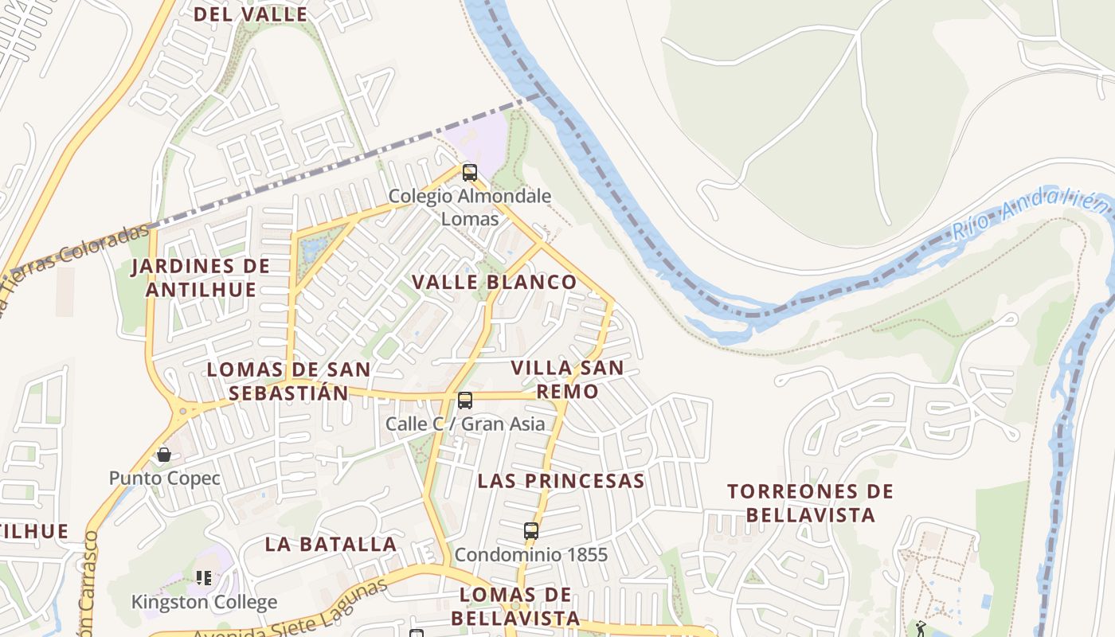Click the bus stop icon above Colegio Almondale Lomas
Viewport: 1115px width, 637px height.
[470, 172]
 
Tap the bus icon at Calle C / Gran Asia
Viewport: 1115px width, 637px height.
[465, 401]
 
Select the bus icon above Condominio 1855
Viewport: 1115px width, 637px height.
[531, 531]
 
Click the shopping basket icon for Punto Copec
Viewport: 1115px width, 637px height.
[164, 455]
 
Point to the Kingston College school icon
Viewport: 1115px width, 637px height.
[204, 578]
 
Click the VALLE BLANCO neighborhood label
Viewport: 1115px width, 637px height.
[494, 282]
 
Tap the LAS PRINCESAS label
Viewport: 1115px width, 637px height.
[561, 481]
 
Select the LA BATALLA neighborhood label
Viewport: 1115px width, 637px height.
[331, 545]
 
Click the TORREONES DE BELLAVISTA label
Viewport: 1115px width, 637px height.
[811, 503]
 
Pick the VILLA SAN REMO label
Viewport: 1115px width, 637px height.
[567, 380]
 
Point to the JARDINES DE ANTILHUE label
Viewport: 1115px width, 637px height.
[201, 278]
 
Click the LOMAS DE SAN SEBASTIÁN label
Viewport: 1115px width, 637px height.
[288, 381]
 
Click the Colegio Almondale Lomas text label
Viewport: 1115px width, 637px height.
[470, 207]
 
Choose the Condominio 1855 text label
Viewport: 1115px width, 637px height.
[531, 555]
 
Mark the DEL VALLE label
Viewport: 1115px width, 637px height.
[250, 14]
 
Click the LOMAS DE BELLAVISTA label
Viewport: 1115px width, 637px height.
[515, 607]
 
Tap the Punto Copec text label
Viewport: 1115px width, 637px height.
[165, 479]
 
